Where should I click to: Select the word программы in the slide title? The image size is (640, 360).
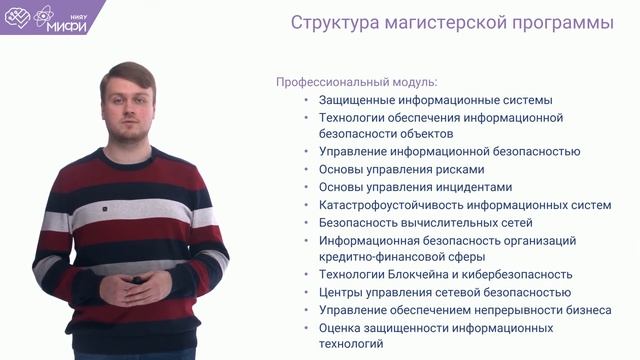tap(560, 23)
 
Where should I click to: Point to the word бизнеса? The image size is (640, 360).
tap(588, 310)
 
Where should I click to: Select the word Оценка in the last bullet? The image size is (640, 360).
tap(339, 327)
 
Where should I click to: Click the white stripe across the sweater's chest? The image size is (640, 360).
tap(130, 212)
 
